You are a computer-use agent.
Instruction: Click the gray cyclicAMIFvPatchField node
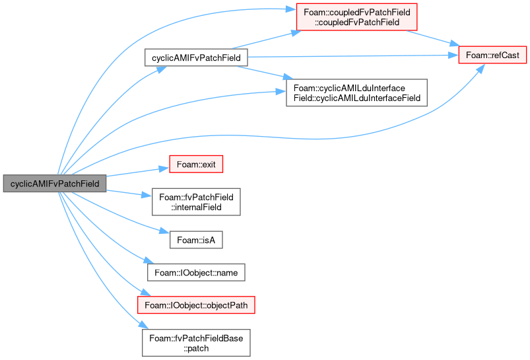(55, 184)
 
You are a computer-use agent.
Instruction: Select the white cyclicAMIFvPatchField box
(196, 57)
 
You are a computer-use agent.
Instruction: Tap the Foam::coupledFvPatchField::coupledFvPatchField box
(356, 17)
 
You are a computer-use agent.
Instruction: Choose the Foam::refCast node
(492, 55)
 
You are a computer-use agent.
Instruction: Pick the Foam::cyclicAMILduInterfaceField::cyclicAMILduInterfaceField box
(356, 92)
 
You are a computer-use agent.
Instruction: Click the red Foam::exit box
(196, 164)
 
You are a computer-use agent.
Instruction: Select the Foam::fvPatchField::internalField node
(196, 202)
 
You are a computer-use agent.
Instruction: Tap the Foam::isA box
(196, 240)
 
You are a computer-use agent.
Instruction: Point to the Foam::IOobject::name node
(196, 272)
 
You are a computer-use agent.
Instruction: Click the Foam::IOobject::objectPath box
(196, 305)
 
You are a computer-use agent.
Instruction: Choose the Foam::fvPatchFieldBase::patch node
(196, 343)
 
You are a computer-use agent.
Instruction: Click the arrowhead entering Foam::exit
(164, 168)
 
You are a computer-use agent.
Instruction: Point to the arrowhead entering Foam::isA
(164, 231)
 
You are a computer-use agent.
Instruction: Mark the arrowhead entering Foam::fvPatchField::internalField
(147, 196)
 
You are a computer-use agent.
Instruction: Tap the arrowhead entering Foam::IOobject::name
(149, 260)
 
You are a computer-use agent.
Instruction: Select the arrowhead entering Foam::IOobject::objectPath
(146, 293)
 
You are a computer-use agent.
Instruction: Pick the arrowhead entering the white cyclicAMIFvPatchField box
(162, 69)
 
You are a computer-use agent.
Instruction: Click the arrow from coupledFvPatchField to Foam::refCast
(433, 38)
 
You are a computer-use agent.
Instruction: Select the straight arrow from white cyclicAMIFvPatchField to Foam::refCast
(353, 56)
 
